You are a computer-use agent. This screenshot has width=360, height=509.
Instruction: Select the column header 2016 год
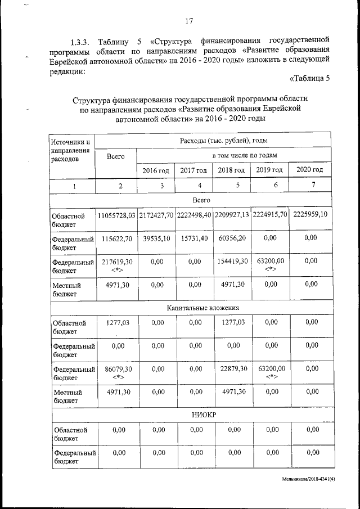pos(155,170)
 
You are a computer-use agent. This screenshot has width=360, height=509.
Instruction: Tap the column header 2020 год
pos(309,170)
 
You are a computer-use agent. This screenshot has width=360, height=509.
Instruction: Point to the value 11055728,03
pos(116,215)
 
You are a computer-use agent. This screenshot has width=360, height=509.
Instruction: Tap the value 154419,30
pos(231,262)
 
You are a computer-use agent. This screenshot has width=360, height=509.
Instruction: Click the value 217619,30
pos(116,262)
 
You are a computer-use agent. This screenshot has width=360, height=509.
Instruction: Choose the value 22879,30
pos(231,368)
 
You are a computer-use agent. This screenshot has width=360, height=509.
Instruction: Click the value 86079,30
pos(116,368)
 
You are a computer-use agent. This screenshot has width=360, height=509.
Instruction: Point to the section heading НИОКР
pos(204,415)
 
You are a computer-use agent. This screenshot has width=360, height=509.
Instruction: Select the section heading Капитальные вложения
pos(204,308)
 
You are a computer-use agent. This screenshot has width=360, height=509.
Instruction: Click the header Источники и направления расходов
pos(71,149)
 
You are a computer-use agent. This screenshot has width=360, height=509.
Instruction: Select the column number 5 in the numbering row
pos(231,185)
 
